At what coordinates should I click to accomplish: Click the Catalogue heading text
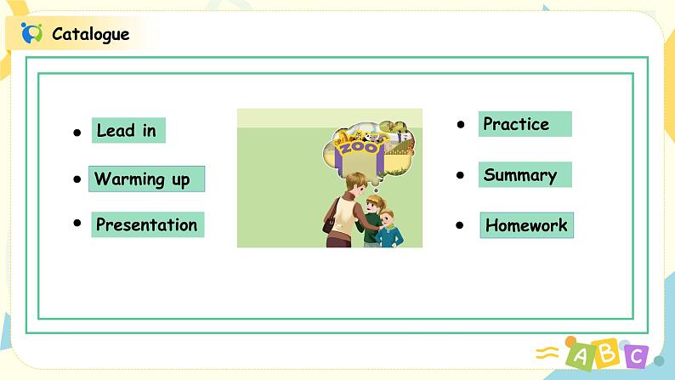90,34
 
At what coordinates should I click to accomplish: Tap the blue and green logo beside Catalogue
31,33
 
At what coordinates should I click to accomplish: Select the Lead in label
128,130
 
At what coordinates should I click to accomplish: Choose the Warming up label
146,179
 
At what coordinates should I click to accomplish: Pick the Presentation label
148,224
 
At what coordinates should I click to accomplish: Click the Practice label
525,124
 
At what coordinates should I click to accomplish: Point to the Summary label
525,175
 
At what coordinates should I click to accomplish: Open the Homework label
527,225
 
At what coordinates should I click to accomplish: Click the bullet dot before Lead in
77,133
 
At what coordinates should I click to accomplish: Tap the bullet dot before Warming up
77,179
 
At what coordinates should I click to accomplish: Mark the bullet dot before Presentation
77,223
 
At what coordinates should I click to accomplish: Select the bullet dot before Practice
461,125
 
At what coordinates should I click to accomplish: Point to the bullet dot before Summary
460,175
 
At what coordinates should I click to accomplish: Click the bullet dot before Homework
460,225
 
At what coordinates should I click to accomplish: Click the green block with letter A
580,355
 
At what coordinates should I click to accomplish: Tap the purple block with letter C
635,356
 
